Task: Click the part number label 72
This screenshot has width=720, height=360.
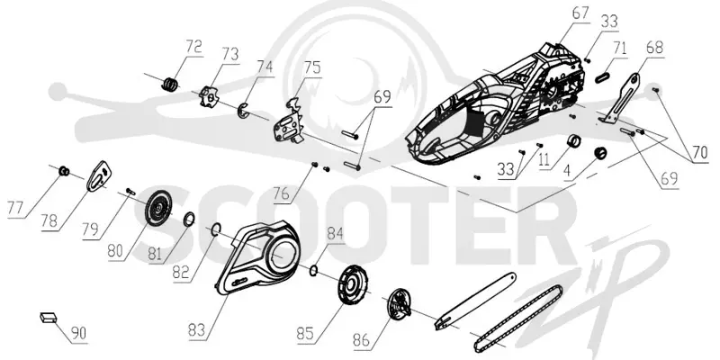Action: point(193,48)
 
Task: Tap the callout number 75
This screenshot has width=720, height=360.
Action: point(312,68)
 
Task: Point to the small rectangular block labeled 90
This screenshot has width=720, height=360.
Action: point(48,318)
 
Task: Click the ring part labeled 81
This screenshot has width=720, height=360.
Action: point(189,220)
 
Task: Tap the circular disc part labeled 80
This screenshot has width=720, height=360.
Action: point(157,209)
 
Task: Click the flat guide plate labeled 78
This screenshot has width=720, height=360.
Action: point(100,175)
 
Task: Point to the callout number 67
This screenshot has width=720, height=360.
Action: point(580,13)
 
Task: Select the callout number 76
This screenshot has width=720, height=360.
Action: point(283,194)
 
